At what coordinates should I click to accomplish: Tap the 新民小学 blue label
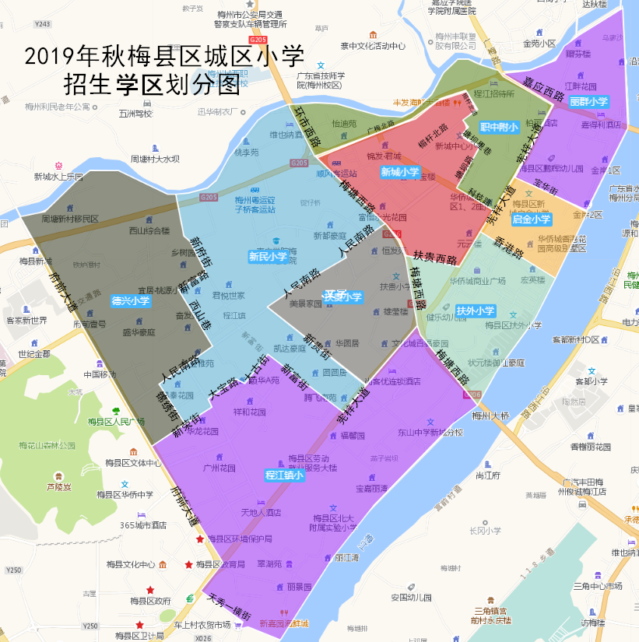268,256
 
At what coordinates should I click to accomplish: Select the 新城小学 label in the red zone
399,172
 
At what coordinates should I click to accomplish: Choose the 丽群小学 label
588,102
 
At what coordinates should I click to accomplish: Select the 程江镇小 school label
284,474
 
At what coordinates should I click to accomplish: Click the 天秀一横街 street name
229,608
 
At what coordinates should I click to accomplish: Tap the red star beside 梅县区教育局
188,564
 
